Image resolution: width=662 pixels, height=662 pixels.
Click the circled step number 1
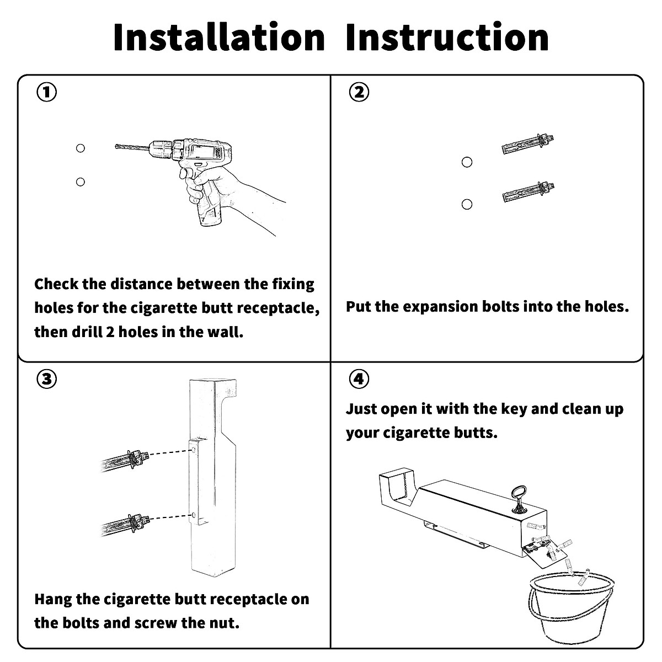(47, 92)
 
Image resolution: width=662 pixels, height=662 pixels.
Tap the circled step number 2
(359, 92)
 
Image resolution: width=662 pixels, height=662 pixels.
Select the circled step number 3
(47, 379)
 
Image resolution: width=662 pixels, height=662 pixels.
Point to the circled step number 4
(359, 379)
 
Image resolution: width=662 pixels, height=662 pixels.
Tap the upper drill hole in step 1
(81, 148)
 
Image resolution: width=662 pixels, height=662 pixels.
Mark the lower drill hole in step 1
(81, 181)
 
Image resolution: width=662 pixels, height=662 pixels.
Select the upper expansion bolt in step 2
(528, 143)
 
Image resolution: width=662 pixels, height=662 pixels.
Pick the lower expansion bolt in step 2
(528, 191)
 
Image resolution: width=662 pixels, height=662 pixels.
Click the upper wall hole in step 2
(467, 162)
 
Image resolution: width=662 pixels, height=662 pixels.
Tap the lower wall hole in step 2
(467, 205)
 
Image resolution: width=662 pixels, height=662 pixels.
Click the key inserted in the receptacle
(519, 498)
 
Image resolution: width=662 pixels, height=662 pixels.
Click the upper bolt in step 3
(126, 458)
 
